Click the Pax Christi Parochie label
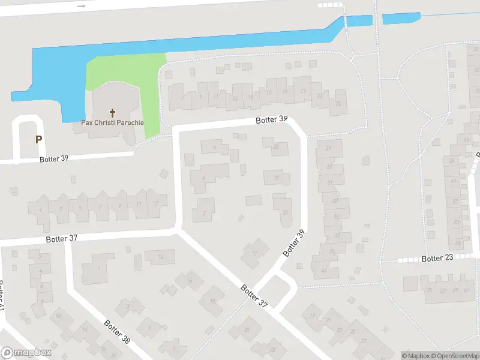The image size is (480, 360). coord(112,123)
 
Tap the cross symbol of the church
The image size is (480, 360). coord(112,112)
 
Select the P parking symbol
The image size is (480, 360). coord(38,139)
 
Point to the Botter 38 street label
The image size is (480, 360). coord(117,331)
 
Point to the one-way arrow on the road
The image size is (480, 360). coord(82,5)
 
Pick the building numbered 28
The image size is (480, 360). coord(276,146)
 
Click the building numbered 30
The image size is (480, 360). coord(276,178)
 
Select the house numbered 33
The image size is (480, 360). coord(334,201)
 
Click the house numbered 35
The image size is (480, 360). coord(335,217)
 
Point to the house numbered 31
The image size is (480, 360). coord(330,182)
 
